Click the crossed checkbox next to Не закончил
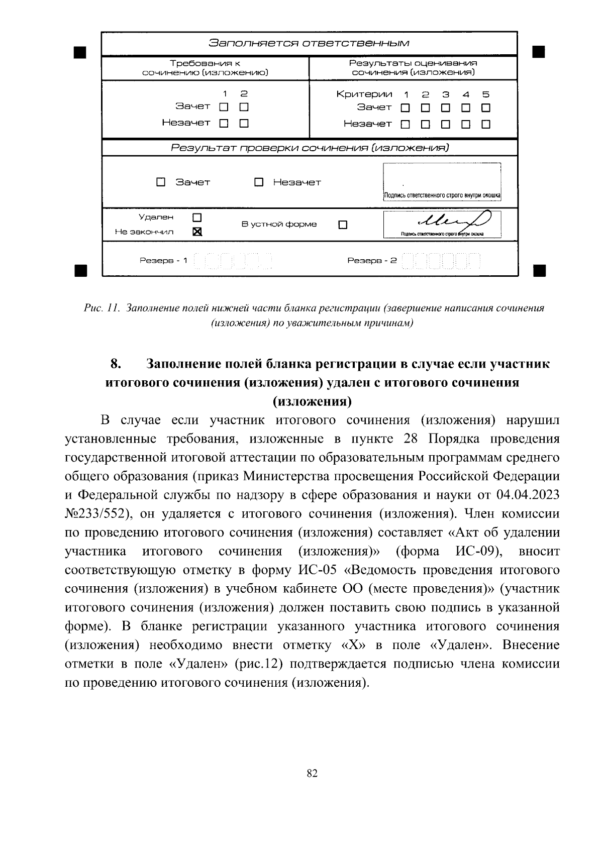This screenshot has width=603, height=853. [x=197, y=232]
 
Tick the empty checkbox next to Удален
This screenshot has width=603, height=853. [x=197, y=217]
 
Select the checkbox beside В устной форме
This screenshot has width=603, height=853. [x=343, y=225]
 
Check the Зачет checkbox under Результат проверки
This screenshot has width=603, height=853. [x=161, y=182]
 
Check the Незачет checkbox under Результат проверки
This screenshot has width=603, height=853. [x=259, y=182]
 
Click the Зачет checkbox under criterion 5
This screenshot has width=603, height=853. [x=485, y=108]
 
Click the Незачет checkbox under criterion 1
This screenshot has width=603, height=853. [x=405, y=124]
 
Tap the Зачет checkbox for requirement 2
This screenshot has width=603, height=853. [x=244, y=107]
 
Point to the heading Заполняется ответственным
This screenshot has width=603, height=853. [x=309, y=43]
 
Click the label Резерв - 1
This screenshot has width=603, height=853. [x=163, y=261]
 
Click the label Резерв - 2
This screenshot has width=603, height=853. [x=372, y=261]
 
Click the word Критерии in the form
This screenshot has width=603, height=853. [x=364, y=94]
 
